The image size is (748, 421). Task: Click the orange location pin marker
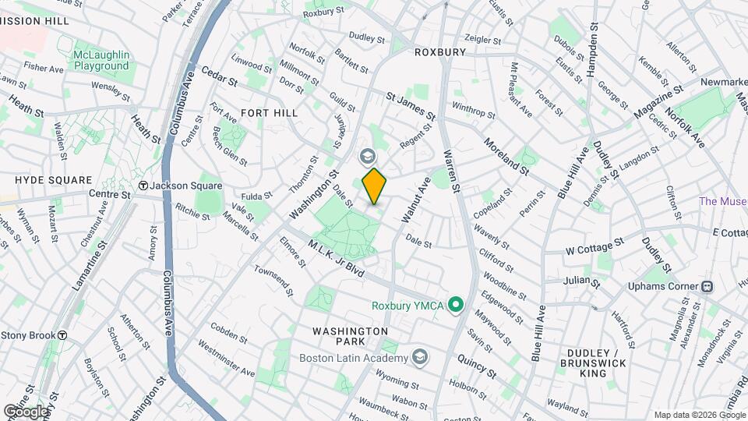[x=374, y=186]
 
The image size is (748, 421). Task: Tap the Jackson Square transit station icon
[x=143, y=186]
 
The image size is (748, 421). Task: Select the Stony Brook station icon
[x=62, y=335]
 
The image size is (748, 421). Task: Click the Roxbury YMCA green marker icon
[x=458, y=305]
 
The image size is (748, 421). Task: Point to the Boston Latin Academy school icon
[x=420, y=357]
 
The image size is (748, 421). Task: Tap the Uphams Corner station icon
[x=707, y=286]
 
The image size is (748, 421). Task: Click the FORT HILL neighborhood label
[x=269, y=113]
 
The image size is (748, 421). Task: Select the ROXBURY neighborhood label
[x=439, y=52]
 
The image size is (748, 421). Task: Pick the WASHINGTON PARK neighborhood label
[x=350, y=337]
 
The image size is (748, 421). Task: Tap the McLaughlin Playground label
[x=101, y=61]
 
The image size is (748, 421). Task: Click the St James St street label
[x=410, y=105]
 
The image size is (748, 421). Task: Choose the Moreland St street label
[x=506, y=155]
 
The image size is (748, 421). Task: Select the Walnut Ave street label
[x=415, y=200]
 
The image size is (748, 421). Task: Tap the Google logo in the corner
[x=26, y=411]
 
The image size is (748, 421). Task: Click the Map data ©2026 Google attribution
[x=699, y=415]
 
